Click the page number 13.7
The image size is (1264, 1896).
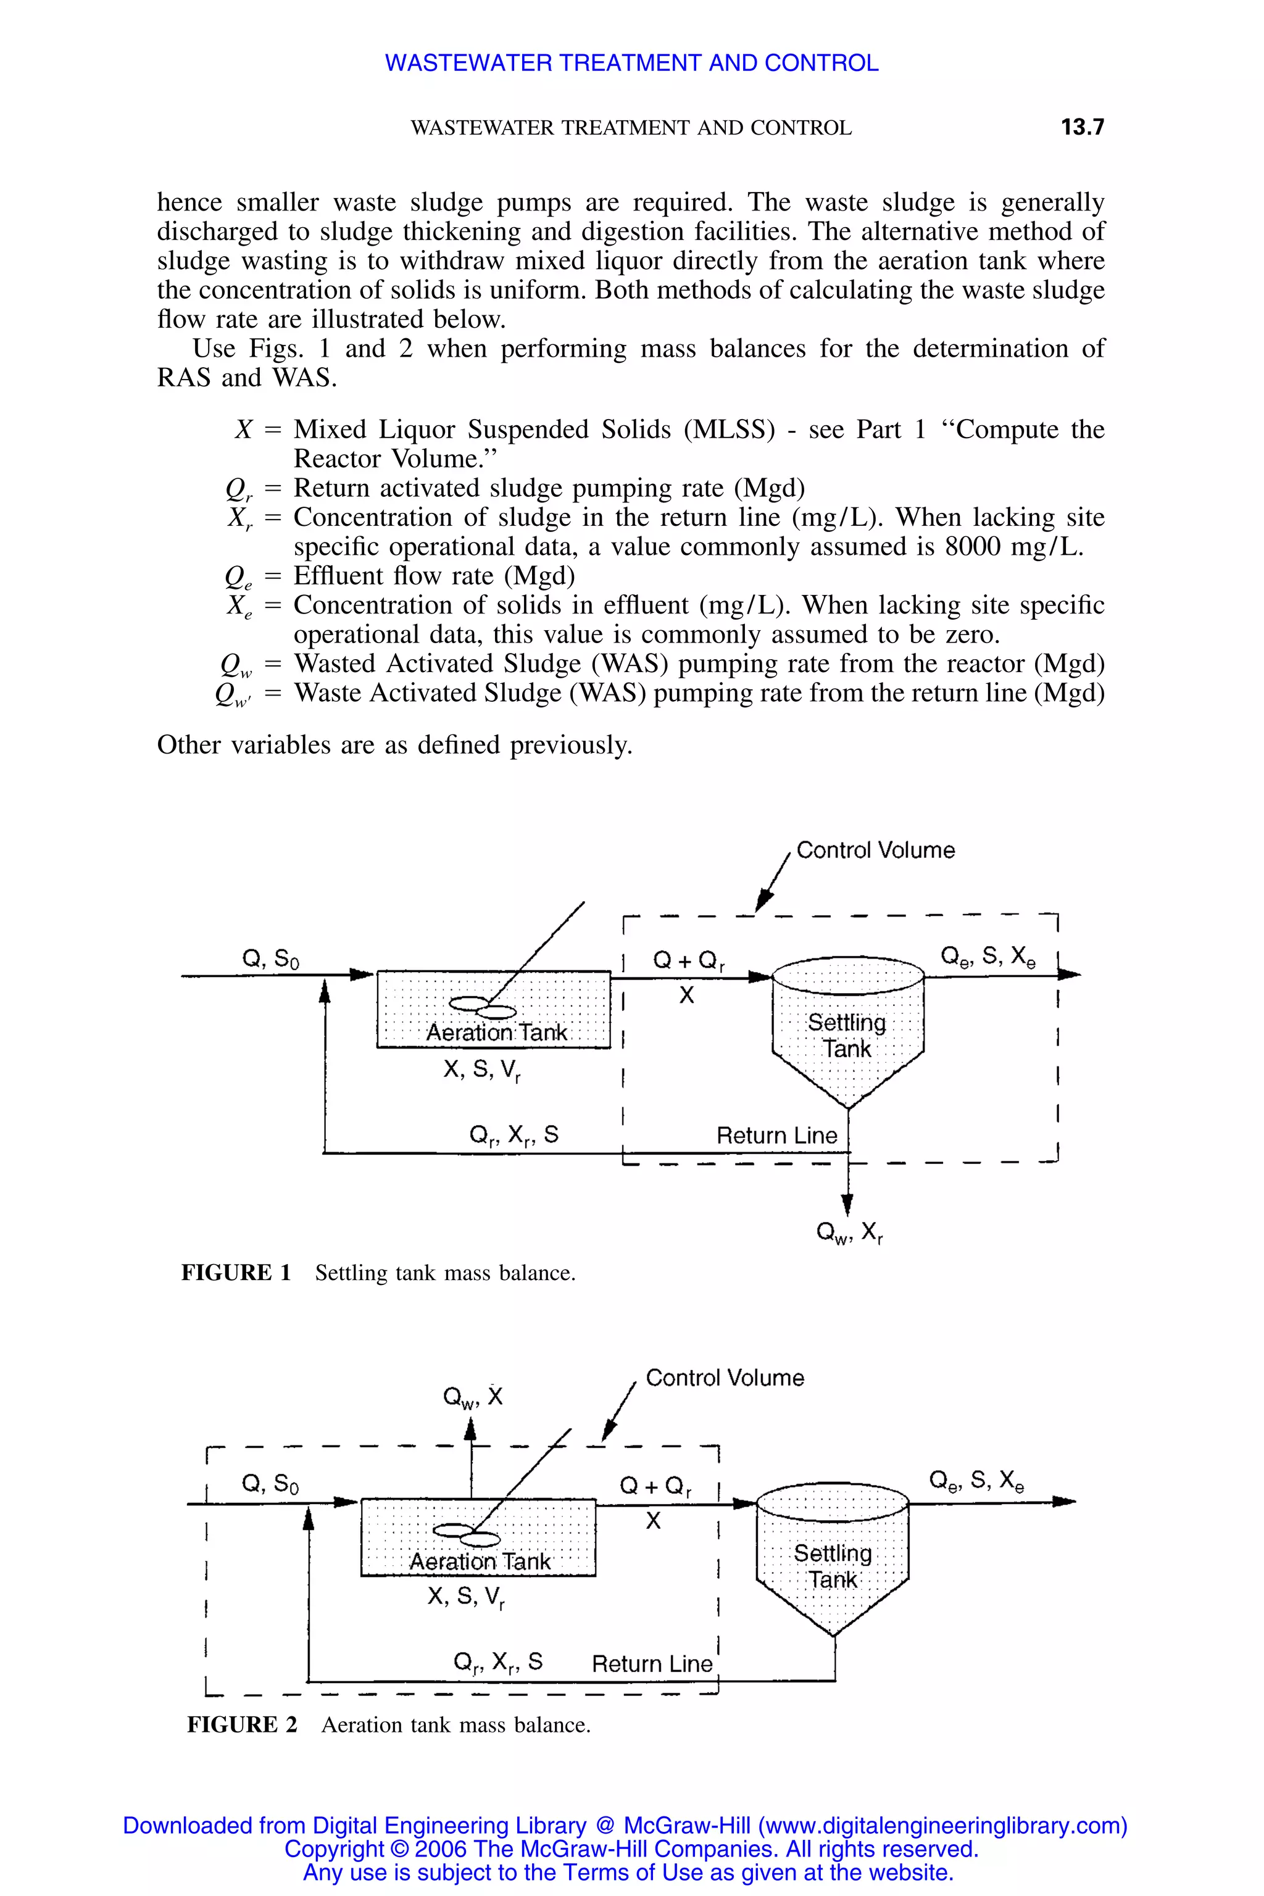[x=1082, y=127]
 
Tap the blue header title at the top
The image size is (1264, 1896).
[x=631, y=63]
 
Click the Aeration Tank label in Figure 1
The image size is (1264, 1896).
[x=497, y=1033]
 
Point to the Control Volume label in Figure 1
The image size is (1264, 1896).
[x=875, y=850]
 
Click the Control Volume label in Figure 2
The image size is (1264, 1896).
[x=725, y=1378]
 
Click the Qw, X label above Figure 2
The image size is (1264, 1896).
[x=473, y=1397]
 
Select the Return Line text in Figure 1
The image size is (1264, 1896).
[x=777, y=1136]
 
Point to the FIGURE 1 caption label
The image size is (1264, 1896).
[x=236, y=1273]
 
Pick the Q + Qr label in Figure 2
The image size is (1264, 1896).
[x=655, y=1486]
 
